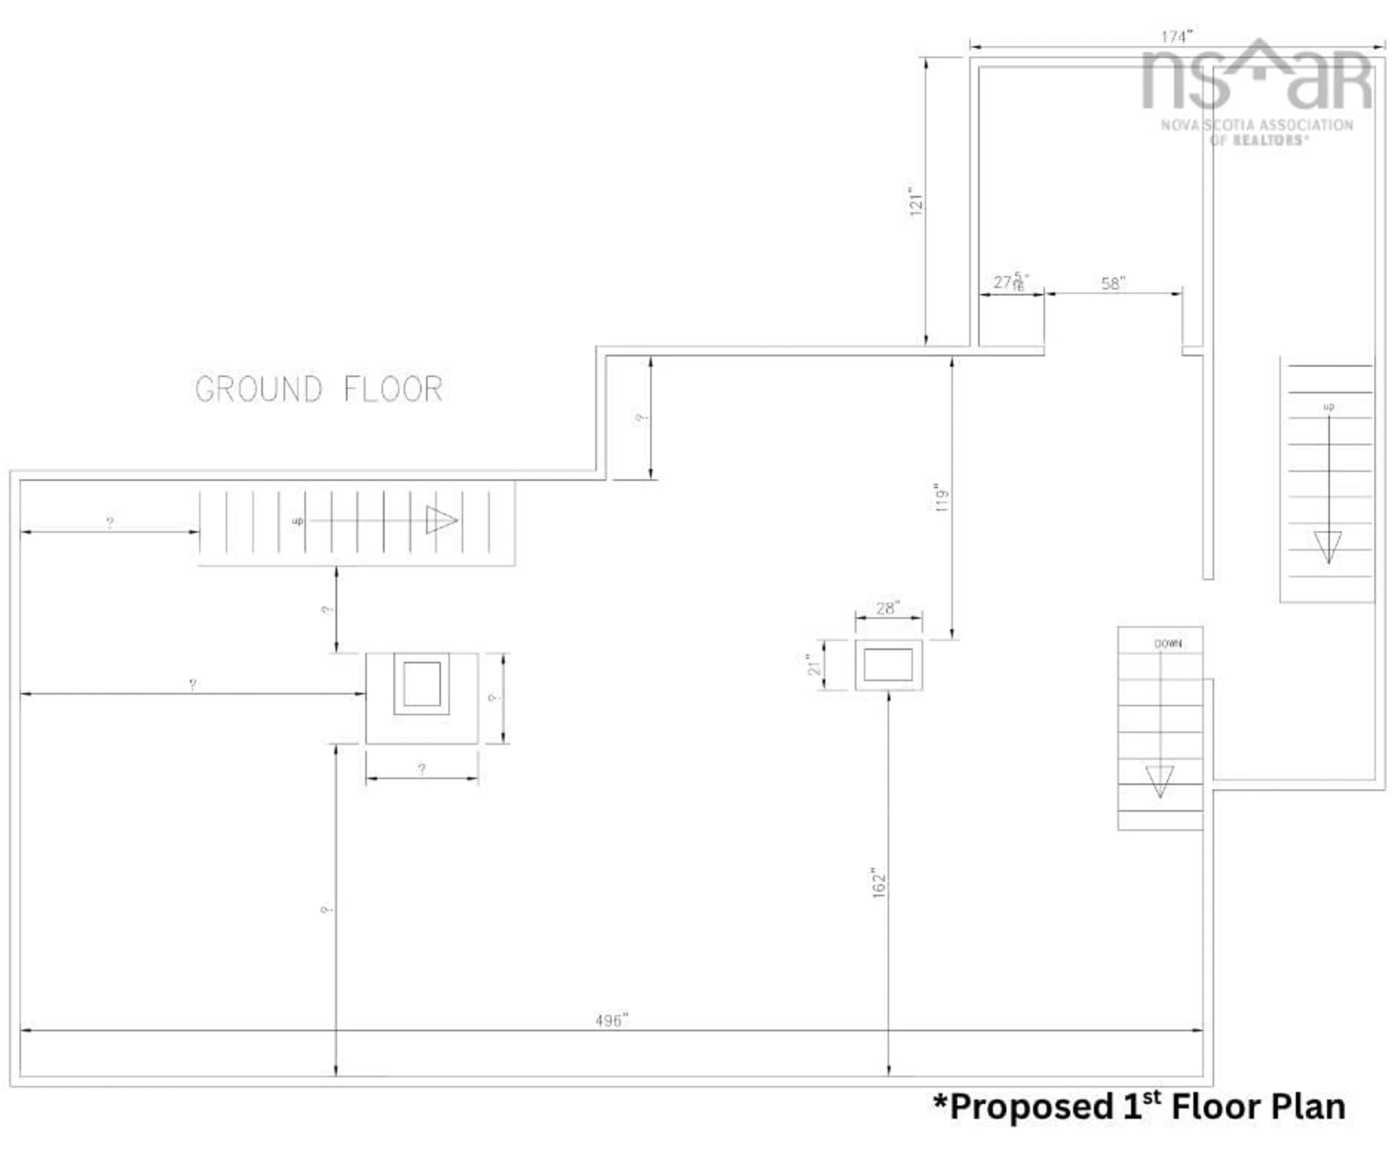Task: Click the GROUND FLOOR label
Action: click(x=319, y=389)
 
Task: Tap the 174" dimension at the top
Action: click(x=1176, y=37)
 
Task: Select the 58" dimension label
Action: click(x=1113, y=284)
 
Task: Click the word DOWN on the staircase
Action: click(x=1168, y=644)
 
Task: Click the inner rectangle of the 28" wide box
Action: click(x=888, y=665)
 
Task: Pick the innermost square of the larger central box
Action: click(x=422, y=683)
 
